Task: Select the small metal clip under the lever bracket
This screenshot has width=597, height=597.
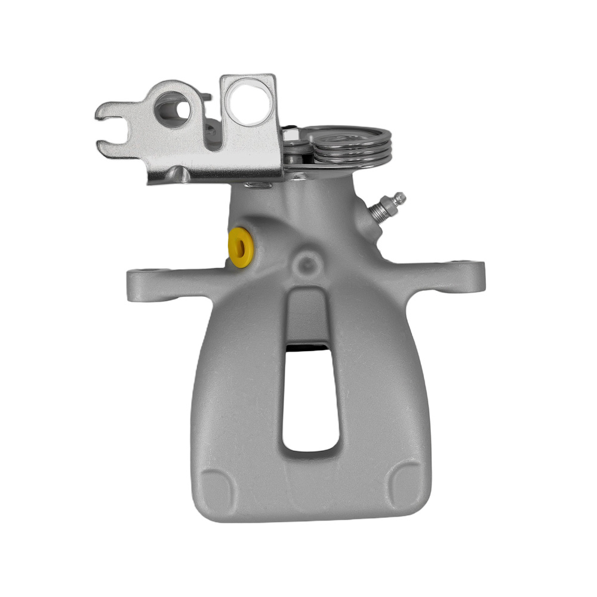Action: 259,186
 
